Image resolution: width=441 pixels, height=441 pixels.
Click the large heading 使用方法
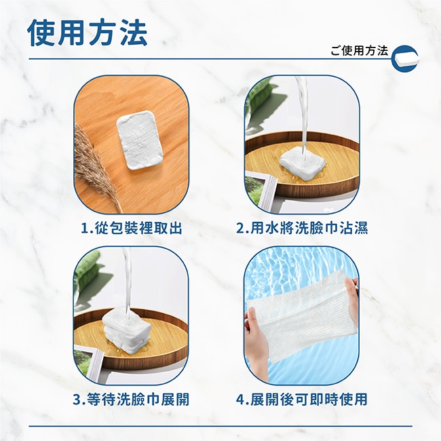(x=88, y=33)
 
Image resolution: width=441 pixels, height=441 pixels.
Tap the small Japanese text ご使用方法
(x=359, y=51)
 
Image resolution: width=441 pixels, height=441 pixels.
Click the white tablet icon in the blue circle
(x=405, y=59)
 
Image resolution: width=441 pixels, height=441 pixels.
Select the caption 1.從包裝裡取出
(x=132, y=228)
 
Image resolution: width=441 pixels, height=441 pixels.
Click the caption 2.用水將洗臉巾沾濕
(x=302, y=228)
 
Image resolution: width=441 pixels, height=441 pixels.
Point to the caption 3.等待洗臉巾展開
(x=131, y=399)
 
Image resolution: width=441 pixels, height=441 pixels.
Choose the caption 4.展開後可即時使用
(x=302, y=399)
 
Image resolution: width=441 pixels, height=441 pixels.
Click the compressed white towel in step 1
(x=140, y=140)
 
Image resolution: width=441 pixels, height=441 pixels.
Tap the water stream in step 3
(x=127, y=282)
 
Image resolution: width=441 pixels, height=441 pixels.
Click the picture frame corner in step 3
(x=90, y=363)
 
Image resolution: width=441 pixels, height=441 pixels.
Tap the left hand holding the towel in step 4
(x=255, y=337)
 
